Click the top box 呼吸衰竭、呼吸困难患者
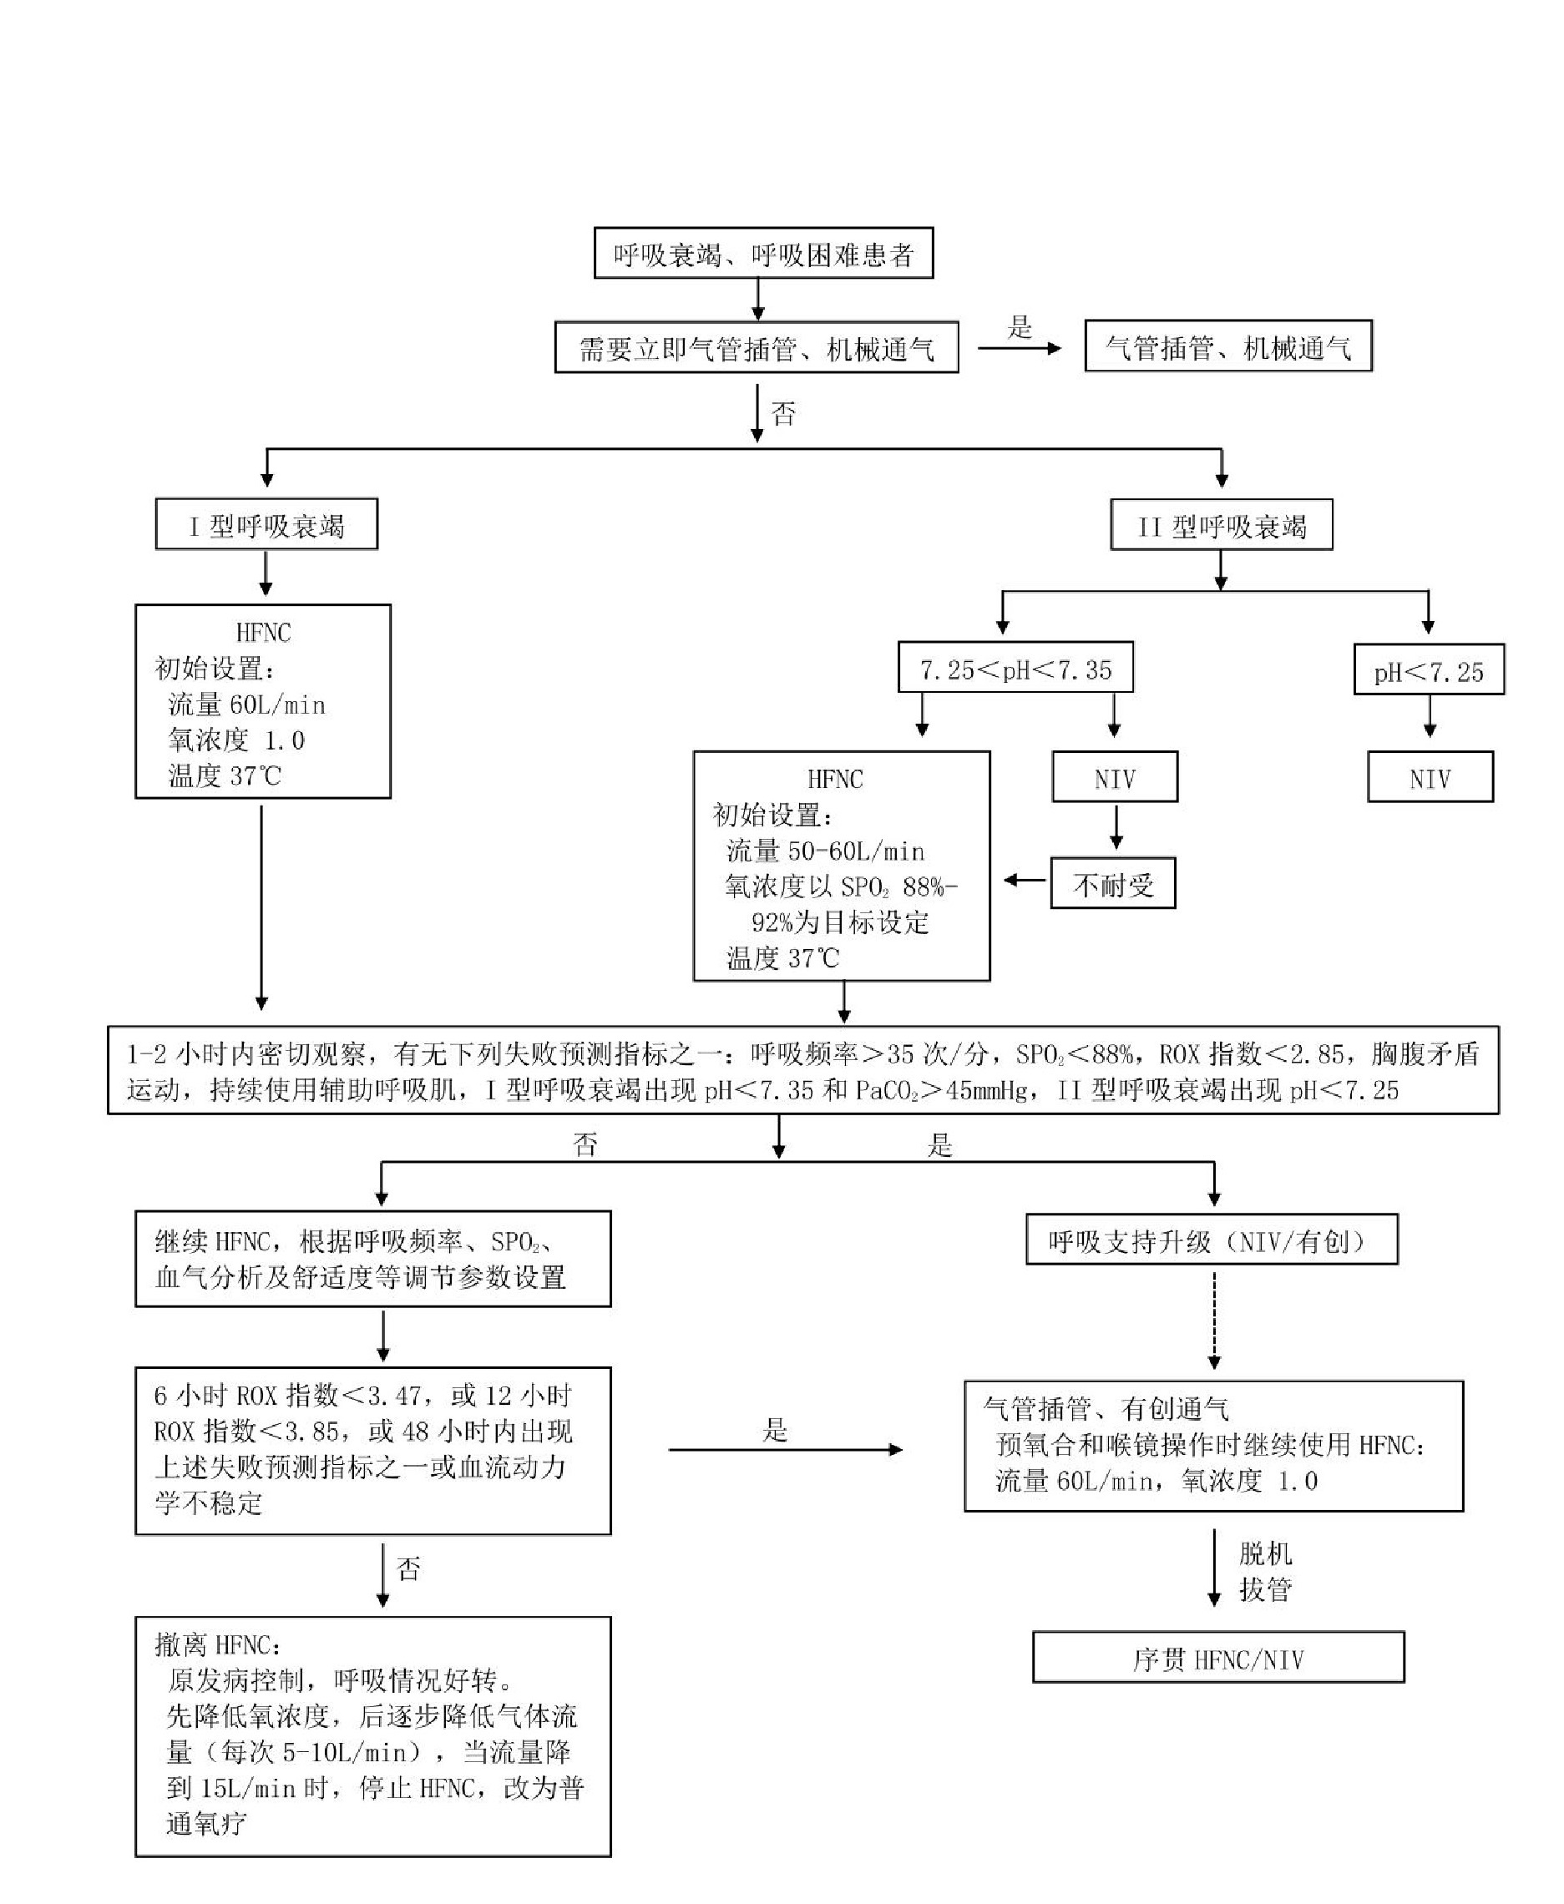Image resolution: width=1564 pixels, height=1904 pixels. [763, 253]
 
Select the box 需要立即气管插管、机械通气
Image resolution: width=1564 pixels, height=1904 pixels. [756, 347]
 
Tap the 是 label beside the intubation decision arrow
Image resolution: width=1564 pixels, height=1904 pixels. [1019, 327]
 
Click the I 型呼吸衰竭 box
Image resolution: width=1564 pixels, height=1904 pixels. [266, 524]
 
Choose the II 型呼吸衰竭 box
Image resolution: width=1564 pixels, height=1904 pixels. [1221, 525]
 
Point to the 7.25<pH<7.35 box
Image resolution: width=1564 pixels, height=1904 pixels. [1015, 668]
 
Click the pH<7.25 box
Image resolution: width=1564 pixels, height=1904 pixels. [1428, 670]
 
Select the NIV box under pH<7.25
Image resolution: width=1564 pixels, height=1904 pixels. [1430, 777]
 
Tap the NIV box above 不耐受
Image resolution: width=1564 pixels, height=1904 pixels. [1115, 777]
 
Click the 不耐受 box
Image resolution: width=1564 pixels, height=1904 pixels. [1112, 883]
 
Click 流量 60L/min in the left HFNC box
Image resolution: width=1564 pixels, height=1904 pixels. [246, 705]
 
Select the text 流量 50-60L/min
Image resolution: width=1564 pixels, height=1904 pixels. [825, 851]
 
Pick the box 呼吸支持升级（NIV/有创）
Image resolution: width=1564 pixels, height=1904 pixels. [1212, 1241]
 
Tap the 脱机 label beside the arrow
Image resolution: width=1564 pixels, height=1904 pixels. [1265, 1553]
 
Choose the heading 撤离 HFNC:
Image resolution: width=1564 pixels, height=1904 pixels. [218, 1644]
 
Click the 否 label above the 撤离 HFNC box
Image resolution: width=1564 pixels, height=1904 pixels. [409, 1570]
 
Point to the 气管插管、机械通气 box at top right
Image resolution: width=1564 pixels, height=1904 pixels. [1228, 346]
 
